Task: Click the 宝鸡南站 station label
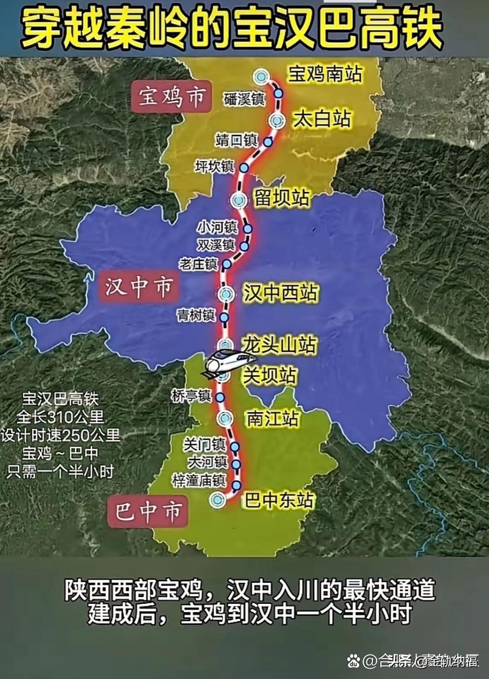(x=326, y=73)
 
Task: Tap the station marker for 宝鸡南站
(x=260, y=77)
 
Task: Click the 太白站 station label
(x=322, y=119)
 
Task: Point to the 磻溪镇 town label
(x=244, y=98)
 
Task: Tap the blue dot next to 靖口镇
(x=268, y=142)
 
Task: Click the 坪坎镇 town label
(x=215, y=167)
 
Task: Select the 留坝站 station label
(x=282, y=198)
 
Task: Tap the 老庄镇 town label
(x=198, y=264)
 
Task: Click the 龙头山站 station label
(x=279, y=345)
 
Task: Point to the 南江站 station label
(x=273, y=419)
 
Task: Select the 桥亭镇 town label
(x=191, y=396)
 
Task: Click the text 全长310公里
(x=60, y=417)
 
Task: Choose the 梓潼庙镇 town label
(x=198, y=480)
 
